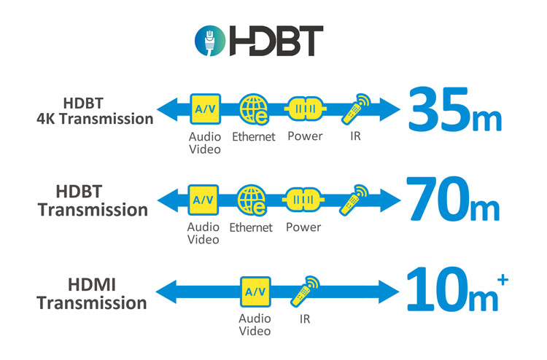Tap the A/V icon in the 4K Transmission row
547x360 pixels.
click(x=203, y=109)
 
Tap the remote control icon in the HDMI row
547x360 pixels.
click(x=305, y=291)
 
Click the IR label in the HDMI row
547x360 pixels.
click(x=305, y=319)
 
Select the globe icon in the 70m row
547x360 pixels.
click(x=251, y=200)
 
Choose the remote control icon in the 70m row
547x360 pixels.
click(x=354, y=199)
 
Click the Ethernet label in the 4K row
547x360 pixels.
click(x=253, y=136)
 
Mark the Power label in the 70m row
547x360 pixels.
click(x=303, y=227)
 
